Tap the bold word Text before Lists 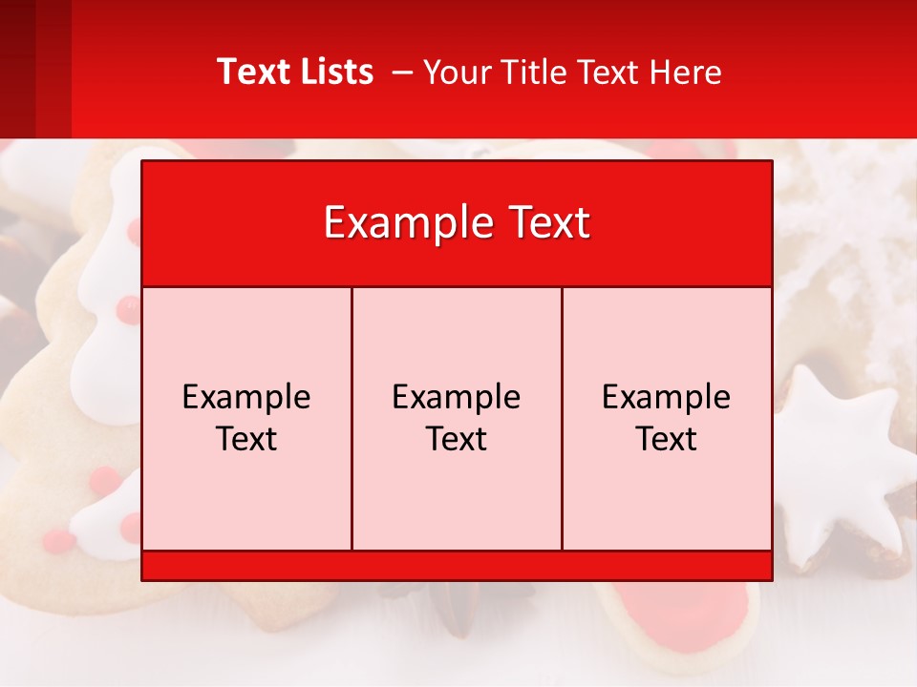pos(251,72)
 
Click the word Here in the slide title pos(685,73)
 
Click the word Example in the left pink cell pos(246,397)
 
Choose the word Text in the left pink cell pos(246,439)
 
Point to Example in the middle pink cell pos(457,397)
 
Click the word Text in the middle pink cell pos(457,439)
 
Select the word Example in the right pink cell pos(666,397)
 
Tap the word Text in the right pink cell pos(666,439)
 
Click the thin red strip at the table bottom pos(457,566)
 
